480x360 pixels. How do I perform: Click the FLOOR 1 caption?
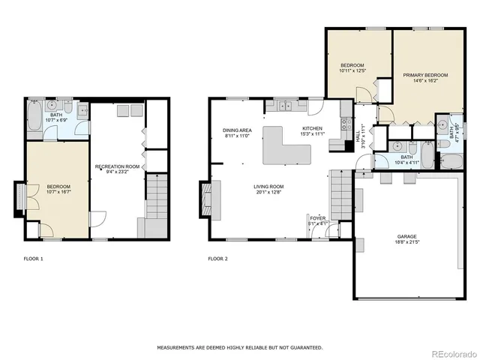pyautogui.click(x=34, y=259)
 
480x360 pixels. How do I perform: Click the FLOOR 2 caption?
pyautogui.click(x=217, y=259)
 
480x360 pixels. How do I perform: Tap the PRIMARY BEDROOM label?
pyautogui.click(x=425, y=75)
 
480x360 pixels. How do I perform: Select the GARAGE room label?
pyautogui.click(x=406, y=236)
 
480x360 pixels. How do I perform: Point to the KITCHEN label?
pyautogui.click(x=312, y=128)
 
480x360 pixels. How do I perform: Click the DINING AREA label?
pyautogui.click(x=237, y=130)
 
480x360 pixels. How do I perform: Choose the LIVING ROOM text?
pyautogui.click(x=268, y=186)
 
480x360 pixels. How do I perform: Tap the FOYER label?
pyautogui.click(x=318, y=217)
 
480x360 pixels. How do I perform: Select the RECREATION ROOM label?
pyautogui.click(x=117, y=166)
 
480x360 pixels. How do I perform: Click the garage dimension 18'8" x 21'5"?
pyautogui.click(x=406, y=242)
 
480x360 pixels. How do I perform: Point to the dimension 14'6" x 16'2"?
pyautogui.click(x=425, y=81)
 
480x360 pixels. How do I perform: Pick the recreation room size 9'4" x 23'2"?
pyautogui.click(x=117, y=172)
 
